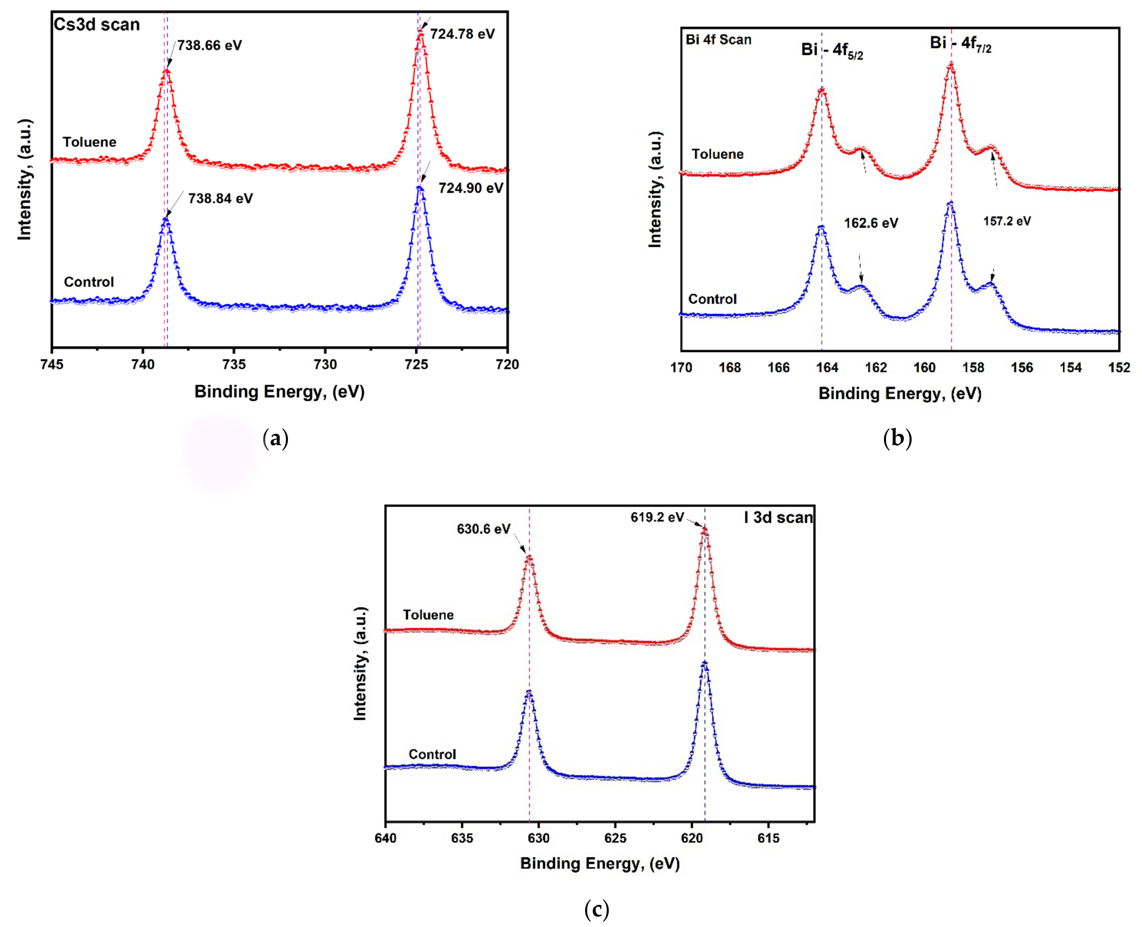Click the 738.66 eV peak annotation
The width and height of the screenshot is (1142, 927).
pos(209,45)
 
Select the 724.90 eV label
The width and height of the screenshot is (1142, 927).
pos(470,188)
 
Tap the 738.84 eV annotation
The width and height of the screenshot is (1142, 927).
pos(220,199)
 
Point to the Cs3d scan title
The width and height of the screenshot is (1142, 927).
pos(97,25)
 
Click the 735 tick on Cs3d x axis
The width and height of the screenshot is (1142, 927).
pos(234,364)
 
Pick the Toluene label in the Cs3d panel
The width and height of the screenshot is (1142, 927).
pos(89,142)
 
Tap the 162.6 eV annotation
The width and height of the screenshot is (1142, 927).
pos(871,223)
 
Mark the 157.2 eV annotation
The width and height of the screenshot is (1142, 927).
pos(1007,221)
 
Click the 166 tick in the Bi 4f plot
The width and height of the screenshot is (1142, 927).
pos(778,368)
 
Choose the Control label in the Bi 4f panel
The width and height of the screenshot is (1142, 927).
pos(712,299)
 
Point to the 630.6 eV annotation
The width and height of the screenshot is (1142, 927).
pos(483,529)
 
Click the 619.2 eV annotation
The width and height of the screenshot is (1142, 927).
pos(657,517)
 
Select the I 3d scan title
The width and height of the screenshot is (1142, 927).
pos(778,517)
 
